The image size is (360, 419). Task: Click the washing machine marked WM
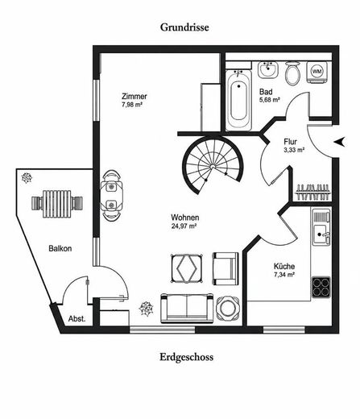tap(317, 72)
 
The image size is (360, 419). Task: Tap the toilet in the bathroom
tap(292, 73)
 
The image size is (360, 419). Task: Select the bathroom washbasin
tap(268, 70)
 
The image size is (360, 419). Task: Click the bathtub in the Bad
tap(238, 100)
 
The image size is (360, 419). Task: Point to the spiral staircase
tap(212, 164)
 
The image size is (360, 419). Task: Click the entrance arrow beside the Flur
tap(340, 141)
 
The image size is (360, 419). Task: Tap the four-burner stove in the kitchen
tap(321, 287)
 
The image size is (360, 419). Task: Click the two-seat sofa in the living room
tap(187, 308)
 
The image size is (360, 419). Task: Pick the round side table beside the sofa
tap(228, 308)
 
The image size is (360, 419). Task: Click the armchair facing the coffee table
tap(226, 268)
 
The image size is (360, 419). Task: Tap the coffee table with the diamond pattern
tap(187, 268)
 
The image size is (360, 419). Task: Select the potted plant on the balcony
tap(27, 178)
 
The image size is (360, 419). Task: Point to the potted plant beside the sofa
tap(146, 309)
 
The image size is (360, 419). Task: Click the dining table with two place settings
tap(112, 196)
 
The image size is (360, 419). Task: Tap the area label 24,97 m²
tap(184, 226)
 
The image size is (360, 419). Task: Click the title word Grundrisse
tap(184, 27)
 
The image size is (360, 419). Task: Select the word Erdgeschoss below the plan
tap(187, 357)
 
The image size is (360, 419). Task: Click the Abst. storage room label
tap(77, 319)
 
